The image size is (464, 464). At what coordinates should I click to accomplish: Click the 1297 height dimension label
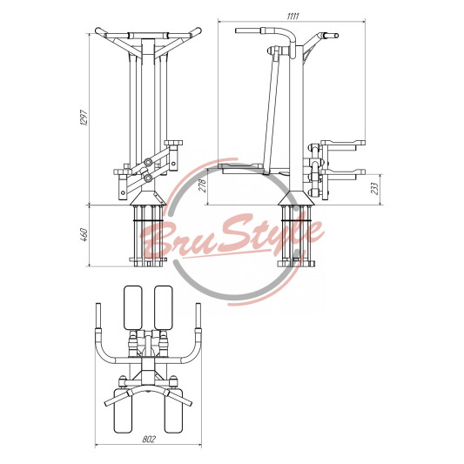pos(84,118)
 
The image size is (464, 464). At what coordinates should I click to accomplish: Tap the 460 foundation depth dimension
pos(84,235)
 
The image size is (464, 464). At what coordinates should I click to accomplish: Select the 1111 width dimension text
pos(293,16)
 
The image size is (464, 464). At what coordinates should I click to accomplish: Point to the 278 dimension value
pos(204,185)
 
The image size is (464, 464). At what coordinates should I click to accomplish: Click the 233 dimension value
pos(374,188)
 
